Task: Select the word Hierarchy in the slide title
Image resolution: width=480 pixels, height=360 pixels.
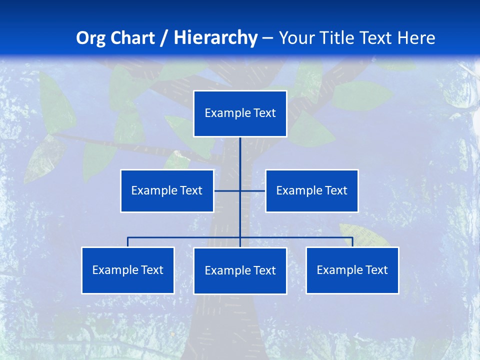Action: coord(215,38)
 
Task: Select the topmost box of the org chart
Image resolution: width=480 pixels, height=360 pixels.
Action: coord(240,113)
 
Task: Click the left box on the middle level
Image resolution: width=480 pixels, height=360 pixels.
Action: coord(167,190)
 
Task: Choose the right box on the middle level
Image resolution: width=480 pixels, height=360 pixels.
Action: coord(311,190)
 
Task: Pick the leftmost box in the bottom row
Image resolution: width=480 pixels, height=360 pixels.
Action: coord(128,270)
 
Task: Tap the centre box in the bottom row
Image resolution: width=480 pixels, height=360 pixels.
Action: coord(240,270)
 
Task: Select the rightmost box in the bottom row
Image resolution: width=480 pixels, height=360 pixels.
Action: coord(352,270)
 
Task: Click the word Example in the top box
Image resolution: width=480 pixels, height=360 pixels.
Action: coord(227,113)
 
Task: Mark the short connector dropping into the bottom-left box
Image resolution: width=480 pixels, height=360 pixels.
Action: coord(128,242)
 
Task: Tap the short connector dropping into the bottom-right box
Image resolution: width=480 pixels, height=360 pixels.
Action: coord(352,242)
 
